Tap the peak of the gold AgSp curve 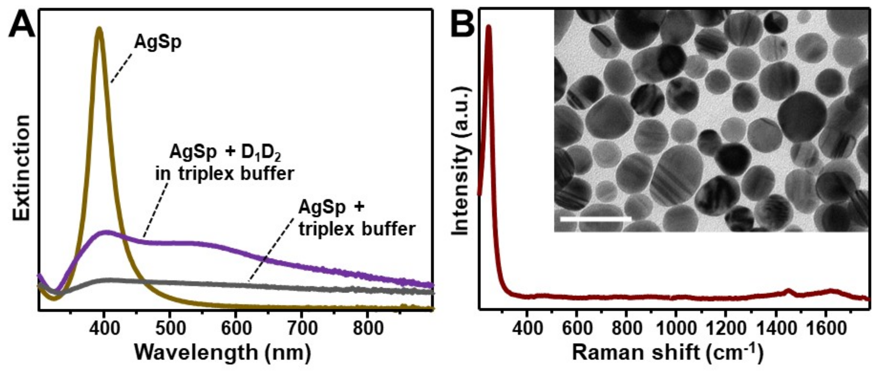pos(99,29)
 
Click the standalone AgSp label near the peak pos(158,43)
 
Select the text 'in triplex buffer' pos(225,174)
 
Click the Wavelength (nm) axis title pos(223,352)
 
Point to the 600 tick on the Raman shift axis pos(576,329)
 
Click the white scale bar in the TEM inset pos(595,219)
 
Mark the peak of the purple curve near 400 pos(107,232)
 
